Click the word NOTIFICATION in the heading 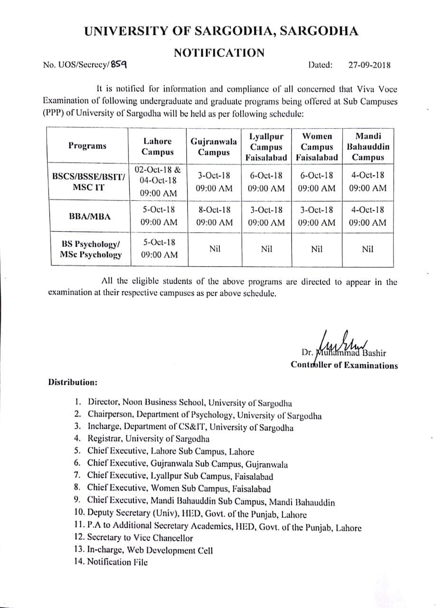point(219,53)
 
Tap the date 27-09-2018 point(369,66)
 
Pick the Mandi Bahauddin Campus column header point(368,146)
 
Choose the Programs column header point(87,146)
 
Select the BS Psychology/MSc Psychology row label point(90,249)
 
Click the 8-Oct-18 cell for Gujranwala point(214,216)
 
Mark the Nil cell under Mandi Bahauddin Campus point(367,249)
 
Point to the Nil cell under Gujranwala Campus point(215,249)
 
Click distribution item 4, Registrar point(148,439)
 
